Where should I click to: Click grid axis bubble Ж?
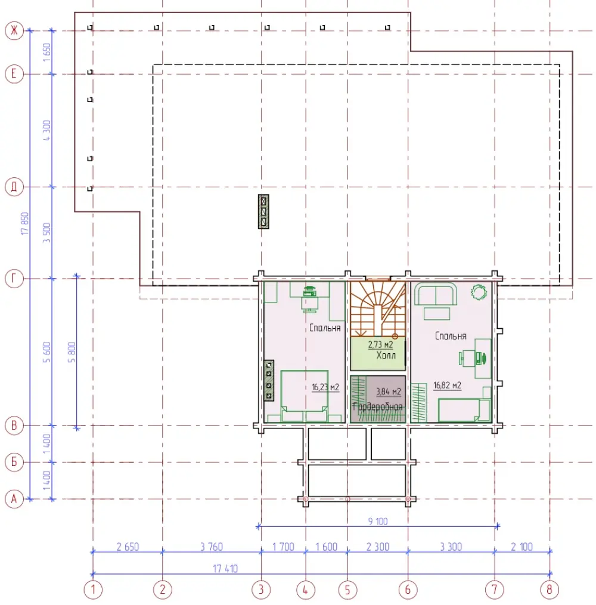click(14, 30)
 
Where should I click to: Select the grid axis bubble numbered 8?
click(550, 589)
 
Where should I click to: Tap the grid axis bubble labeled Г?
click(14, 278)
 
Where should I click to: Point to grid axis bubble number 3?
click(261, 589)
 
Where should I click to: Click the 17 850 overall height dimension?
click(24, 223)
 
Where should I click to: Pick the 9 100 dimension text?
click(378, 521)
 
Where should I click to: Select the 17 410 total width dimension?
click(225, 569)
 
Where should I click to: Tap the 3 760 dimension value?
click(211, 547)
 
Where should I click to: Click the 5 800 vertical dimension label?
click(72, 352)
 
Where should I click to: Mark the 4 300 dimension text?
click(46, 130)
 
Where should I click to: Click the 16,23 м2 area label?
click(325, 387)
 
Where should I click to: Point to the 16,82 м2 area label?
click(447, 385)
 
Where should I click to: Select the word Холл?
click(386, 355)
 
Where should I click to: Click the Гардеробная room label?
click(377, 406)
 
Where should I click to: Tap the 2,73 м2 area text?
click(380, 344)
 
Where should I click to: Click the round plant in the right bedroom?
click(479, 292)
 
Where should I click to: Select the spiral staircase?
click(378, 308)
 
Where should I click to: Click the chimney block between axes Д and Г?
click(263, 211)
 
